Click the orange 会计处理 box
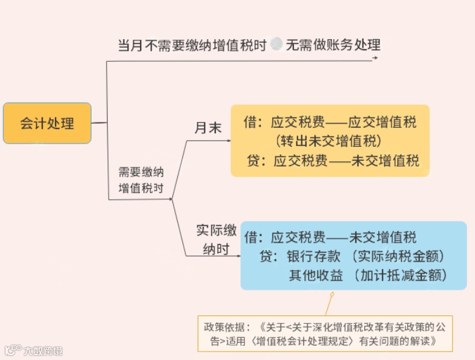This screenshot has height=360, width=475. click(47, 123)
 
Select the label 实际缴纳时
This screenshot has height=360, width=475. click(216, 240)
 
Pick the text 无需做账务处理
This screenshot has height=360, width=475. click(333, 45)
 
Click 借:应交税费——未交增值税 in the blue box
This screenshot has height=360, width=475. click(330, 237)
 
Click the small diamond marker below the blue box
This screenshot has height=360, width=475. click(331, 295)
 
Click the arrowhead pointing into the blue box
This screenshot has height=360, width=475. click(238, 255)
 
